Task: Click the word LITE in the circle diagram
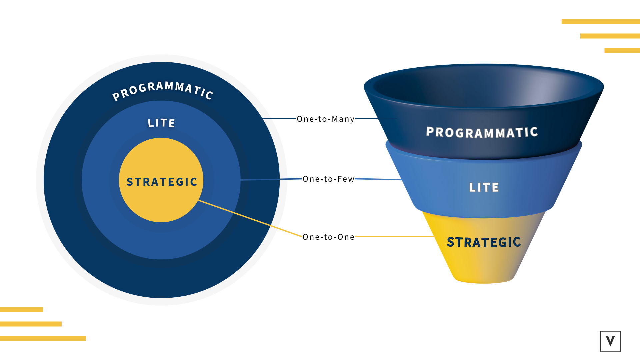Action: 161,123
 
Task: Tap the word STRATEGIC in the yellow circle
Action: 162,182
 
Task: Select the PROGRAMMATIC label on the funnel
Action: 482,132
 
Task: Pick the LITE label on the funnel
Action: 484,187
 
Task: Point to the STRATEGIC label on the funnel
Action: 484,242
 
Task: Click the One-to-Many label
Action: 325,119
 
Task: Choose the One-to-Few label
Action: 328,179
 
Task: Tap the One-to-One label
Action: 328,237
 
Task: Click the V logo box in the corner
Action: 610,341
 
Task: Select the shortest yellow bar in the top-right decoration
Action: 622,51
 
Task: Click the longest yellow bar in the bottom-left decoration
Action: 43,338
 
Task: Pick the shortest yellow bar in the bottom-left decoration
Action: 21,309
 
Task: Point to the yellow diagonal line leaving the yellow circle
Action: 250,219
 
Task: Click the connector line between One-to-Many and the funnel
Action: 367,118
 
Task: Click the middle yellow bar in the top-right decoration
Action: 610,36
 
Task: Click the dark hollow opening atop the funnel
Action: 483,85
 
